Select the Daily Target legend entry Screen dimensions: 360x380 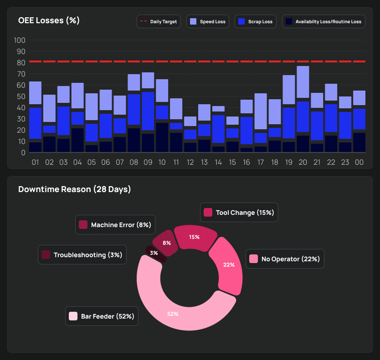click(x=159, y=22)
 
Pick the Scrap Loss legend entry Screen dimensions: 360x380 click(x=256, y=22)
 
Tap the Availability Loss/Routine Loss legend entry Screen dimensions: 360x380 click(x=324, y=22)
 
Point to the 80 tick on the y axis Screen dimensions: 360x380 click(x=20, y=62)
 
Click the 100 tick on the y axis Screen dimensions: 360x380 click(x=20, y=40)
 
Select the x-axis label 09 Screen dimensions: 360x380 click(x=148, y=162)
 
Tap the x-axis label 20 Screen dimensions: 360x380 click(x=303, y=162)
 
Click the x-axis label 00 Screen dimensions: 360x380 click(x=359, y=162)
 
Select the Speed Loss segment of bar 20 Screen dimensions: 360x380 click(x=303, y=82)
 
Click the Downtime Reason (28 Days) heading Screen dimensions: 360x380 click(x=74, y=189)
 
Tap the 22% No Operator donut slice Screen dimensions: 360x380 click(x=229, y=265)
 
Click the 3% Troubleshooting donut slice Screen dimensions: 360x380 click(x=154, y=253)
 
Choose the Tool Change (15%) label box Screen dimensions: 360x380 click(x=239, y=213)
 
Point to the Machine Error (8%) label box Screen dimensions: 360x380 click(x=115, y=225)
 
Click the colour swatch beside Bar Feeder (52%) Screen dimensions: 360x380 click(x=73, y=316)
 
